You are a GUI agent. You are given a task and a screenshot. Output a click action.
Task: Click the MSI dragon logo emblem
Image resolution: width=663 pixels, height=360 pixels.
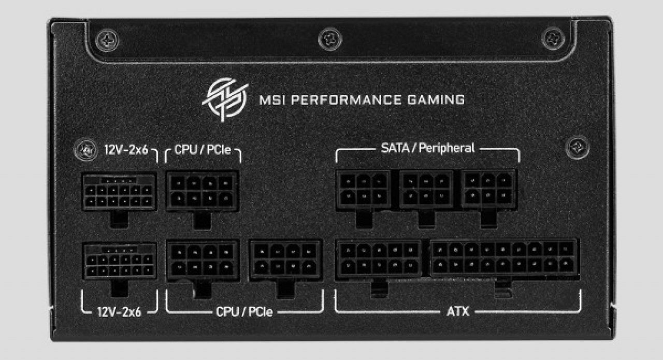coord(225,99)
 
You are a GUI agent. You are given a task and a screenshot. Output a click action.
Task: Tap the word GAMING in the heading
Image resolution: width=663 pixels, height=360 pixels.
coord(436,100)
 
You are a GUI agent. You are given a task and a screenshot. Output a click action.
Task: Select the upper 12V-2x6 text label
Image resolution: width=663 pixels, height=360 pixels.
coord(126,150)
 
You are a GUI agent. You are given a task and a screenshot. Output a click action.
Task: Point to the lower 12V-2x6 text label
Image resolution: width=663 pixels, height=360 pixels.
coord(119,312)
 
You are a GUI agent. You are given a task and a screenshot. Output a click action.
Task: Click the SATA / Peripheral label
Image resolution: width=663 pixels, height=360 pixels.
coord(428,148)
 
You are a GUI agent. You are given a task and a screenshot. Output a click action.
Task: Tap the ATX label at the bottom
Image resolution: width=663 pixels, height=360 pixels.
coord(458,311)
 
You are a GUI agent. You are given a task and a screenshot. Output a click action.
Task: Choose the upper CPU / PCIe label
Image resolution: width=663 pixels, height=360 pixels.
coord(203,150)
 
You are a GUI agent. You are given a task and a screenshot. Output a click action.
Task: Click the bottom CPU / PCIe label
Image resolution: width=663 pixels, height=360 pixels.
coord(244,312)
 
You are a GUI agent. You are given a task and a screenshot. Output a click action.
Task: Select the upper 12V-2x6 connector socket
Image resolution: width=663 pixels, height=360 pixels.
coord(119,192)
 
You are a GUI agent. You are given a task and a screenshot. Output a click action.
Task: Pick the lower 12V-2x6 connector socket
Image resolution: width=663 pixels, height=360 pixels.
coord(120,261)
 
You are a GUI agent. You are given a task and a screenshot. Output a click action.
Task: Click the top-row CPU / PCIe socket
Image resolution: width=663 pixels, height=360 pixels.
coord(202,191)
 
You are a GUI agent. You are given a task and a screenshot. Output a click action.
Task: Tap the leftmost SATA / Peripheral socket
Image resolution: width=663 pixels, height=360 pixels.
coord(364,190)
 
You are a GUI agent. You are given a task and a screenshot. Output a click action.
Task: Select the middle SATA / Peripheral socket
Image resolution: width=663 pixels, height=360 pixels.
coord(426,190)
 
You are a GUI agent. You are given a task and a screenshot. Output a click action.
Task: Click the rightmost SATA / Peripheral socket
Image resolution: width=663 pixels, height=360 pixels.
coord(488,189)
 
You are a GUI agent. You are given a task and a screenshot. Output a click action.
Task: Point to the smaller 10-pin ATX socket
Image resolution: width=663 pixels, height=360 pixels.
coord(379,259)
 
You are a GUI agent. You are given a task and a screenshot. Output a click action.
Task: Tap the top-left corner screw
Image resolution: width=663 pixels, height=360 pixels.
coord(107,40)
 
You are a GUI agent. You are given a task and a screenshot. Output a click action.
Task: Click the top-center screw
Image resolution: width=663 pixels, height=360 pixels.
coord(330,39)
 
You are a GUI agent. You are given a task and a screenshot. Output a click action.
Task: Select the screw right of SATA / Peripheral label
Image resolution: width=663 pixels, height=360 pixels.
coord(577,148)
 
